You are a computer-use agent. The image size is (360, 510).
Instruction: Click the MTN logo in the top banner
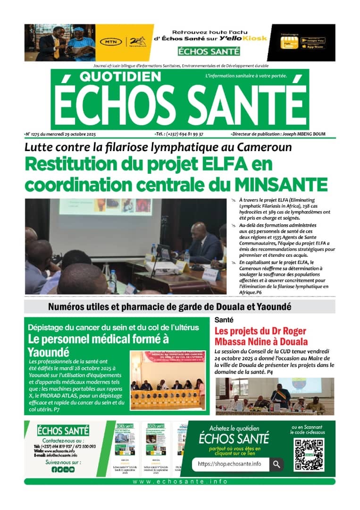pos(110,42)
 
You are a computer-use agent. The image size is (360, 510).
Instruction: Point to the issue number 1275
pos(38,135)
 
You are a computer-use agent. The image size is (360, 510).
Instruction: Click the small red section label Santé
pos(223,320)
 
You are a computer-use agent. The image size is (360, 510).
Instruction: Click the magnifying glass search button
pos(276,464)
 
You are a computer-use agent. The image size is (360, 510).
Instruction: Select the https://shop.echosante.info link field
pos(230,464)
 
